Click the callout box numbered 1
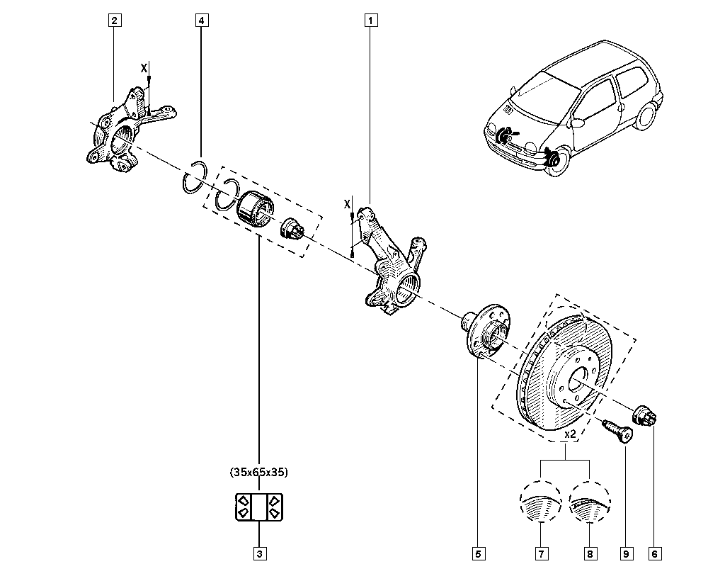(368, 21)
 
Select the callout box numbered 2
(113, 21)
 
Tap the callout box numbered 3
(260, 553)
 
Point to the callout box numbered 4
(201, 21)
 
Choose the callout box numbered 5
(478, 553)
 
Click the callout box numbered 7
(540, 553)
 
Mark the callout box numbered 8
(589, 553)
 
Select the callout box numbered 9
(626, 553)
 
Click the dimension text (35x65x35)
(259, 471)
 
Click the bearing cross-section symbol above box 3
(259, 506)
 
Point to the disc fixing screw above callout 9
(617, 429)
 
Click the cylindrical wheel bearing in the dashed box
(253, 207)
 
